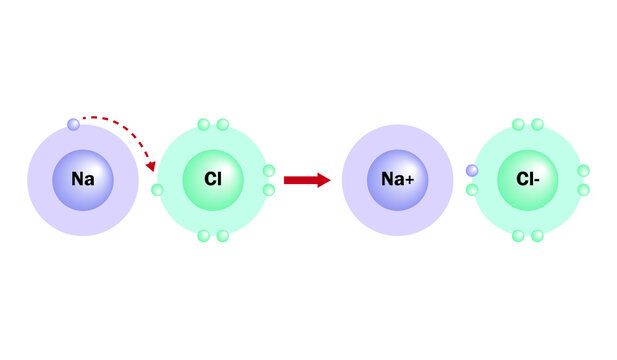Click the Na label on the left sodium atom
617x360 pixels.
(x=82, y=180)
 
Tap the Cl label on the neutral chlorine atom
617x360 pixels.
(x=212, y=180)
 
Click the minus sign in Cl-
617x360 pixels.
(x=538, y=180)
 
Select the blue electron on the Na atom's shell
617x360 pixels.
(x=73, y=125)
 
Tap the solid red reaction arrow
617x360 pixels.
(x=306, y=180)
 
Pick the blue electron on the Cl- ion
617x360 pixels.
(x=472, y=171)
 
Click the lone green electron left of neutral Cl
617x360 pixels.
(x=157, y=189)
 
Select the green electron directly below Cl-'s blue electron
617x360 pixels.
(x=472, y=189)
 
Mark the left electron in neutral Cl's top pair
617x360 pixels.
(x=203, y=125)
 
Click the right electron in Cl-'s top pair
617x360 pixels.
(x=537, y=125)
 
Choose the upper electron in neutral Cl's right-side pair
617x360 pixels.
(x=268, y=171)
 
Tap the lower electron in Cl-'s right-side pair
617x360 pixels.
(x=583, y=189)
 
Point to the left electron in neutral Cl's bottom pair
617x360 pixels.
(x=203, y=236)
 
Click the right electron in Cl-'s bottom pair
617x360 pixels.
(x=537, y=236)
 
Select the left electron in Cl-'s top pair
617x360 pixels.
(x=518, y=125)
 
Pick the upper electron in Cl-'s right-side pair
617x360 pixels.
(x=583, y=171)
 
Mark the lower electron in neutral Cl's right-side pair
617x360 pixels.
(x=268, y=189)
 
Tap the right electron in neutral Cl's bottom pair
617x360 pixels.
(x=222, y=236)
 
